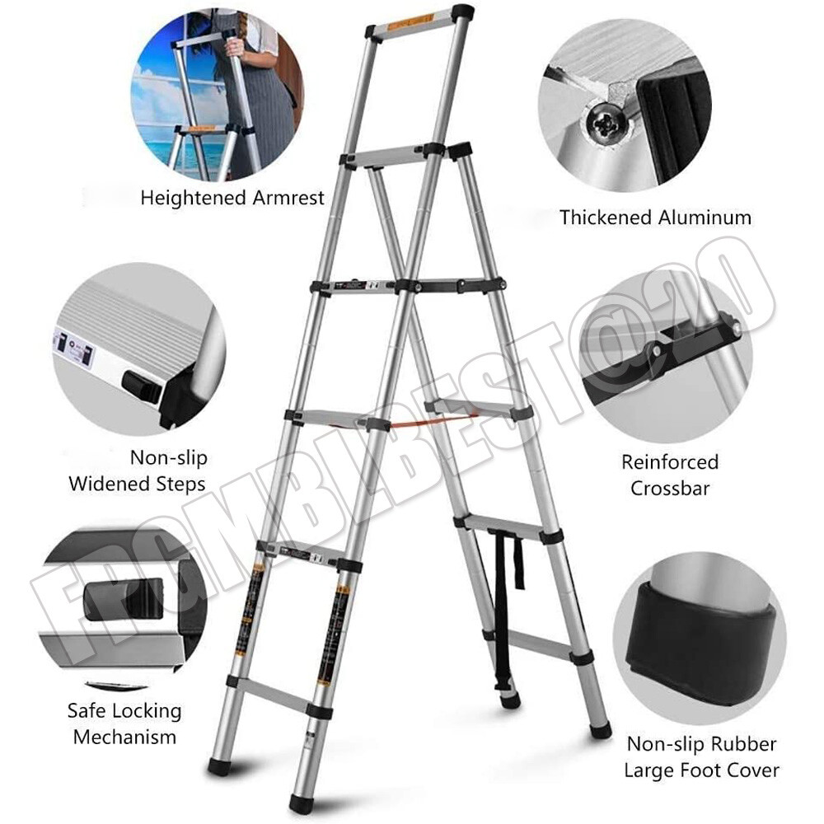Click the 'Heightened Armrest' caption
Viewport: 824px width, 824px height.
[233, 198]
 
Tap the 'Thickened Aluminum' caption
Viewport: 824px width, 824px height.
[655, 218]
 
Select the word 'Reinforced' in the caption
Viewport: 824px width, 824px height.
[670, 462]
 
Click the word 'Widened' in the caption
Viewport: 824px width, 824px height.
[106, 483]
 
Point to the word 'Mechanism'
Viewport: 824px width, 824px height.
[124, 736]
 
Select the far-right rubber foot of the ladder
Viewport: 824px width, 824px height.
[602, 731]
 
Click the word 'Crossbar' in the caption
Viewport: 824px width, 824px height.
[670, 488]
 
